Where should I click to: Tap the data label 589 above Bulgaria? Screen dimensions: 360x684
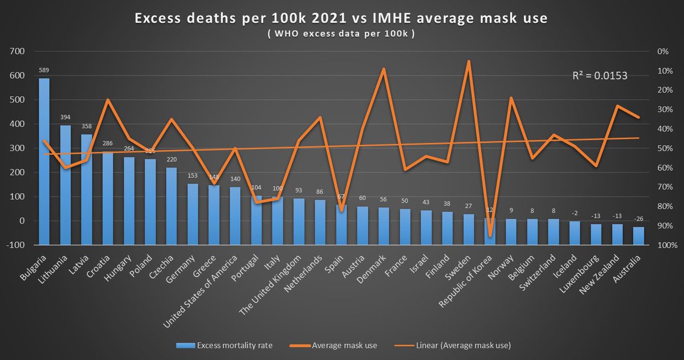(x=44, y=71)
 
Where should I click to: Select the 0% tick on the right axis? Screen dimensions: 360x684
(x=662, y=51)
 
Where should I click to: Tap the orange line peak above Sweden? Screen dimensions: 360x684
(x=469, y=61)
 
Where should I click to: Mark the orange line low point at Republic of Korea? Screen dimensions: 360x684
(x=490, y=235)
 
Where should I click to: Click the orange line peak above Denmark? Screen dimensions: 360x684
(x=384, y=69)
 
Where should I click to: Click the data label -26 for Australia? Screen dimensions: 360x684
(x=638, y=219)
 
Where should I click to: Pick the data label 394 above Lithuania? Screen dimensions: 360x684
(x=66, y=118)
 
